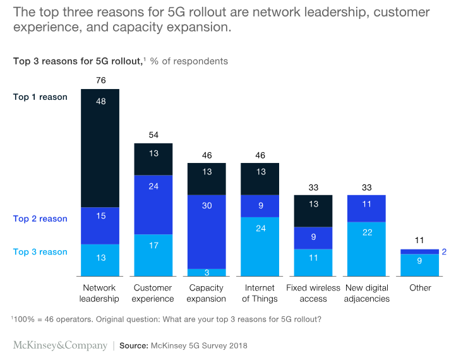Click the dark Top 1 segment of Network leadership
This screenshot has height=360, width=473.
coord(100,148)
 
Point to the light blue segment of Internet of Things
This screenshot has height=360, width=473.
coord(260,246)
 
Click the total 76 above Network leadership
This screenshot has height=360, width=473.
coord(100,80)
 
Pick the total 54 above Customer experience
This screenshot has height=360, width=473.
coord(153,135)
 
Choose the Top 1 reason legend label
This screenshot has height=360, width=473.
coord(40,97)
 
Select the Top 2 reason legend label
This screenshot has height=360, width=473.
coord(40,219)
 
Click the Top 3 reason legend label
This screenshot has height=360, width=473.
coord(40,252)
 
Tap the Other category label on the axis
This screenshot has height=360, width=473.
coord(420,288)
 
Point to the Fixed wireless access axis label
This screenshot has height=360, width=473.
coord(313,293)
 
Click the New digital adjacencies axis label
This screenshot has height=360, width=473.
coord(367,293)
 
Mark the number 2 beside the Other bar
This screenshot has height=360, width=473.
coord(446,251)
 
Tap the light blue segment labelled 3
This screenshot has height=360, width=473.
coord(207,273)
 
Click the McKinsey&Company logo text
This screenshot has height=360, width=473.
coord(59,345)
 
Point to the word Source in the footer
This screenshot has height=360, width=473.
coord(133,346)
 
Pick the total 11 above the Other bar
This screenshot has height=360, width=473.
coord(420,241)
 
